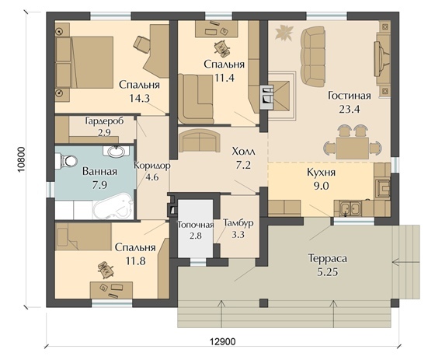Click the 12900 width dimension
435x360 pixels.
[222, 341]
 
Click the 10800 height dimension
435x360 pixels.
[21, 159]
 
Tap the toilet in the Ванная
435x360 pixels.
[66, 161]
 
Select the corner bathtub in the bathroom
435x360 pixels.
[113, 207]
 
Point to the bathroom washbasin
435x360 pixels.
[117, 152]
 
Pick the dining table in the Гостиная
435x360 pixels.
[353, 148]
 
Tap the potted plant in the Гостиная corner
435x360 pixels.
[284, 31]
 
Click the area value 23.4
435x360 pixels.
[350, 110]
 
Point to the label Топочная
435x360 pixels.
[196, 225]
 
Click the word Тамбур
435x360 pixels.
[238, 223]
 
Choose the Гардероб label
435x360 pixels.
[104, 121]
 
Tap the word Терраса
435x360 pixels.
[328, 258]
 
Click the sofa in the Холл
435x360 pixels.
[200, 141]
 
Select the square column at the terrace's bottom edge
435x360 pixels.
[264, 302]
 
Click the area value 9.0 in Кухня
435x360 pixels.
[322, 186]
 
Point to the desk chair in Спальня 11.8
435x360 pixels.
[106, 269]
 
